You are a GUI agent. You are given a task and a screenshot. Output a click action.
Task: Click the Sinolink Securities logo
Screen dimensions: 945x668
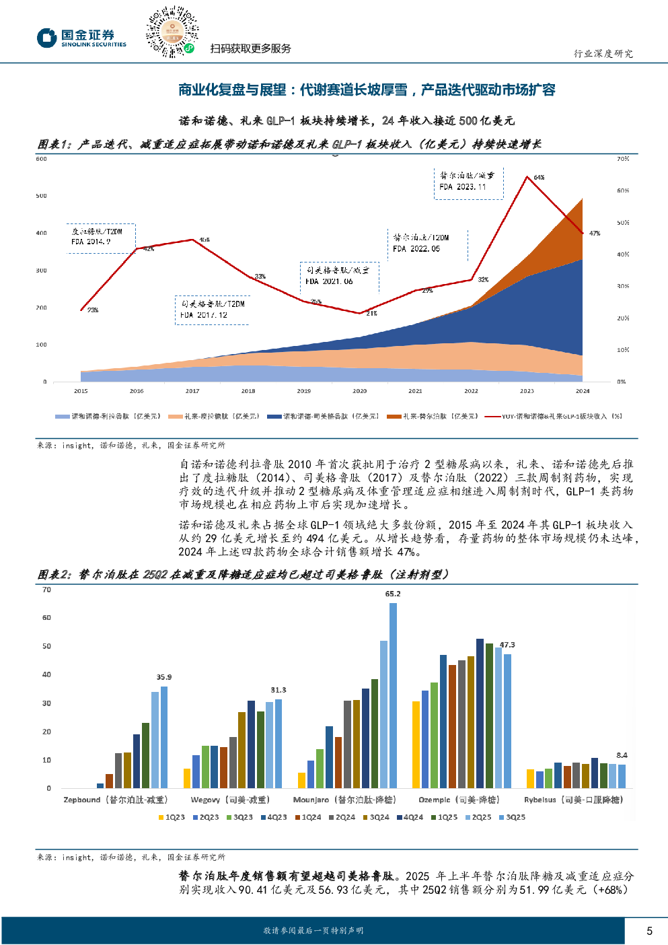tap(81, 38)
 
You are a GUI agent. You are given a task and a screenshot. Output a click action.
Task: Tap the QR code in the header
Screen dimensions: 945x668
tap(172, 32)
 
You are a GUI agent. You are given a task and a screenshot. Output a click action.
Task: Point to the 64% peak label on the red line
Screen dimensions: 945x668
tap(539, 178)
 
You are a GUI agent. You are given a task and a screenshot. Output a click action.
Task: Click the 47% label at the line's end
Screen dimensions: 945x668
tap(595, 234)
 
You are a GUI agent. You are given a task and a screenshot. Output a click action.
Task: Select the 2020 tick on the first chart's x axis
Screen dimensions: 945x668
tap(360, 391)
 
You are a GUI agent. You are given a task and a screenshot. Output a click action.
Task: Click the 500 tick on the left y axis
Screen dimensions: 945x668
tap(42, 196)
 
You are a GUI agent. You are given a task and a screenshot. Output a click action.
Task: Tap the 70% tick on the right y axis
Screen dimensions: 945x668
tap(623, 159)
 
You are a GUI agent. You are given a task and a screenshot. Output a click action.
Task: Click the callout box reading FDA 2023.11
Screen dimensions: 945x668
tap(468, 182)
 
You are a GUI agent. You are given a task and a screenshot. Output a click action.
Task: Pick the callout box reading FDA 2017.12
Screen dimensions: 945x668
tap(212, 310)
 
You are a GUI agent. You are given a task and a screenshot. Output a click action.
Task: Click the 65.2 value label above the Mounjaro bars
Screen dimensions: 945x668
tap(393, 594)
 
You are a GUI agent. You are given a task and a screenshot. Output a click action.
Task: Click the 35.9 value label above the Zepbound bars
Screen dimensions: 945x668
tap(164, 677)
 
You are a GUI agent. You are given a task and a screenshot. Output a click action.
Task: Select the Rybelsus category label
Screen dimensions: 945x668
tap(573, 800)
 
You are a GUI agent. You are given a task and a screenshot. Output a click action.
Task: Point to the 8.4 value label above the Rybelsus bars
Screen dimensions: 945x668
tap(622, 755)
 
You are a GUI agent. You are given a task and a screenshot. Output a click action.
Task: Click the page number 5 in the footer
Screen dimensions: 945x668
tap(649, 931)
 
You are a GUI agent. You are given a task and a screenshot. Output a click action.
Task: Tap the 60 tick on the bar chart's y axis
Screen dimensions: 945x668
tap(46, 617)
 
